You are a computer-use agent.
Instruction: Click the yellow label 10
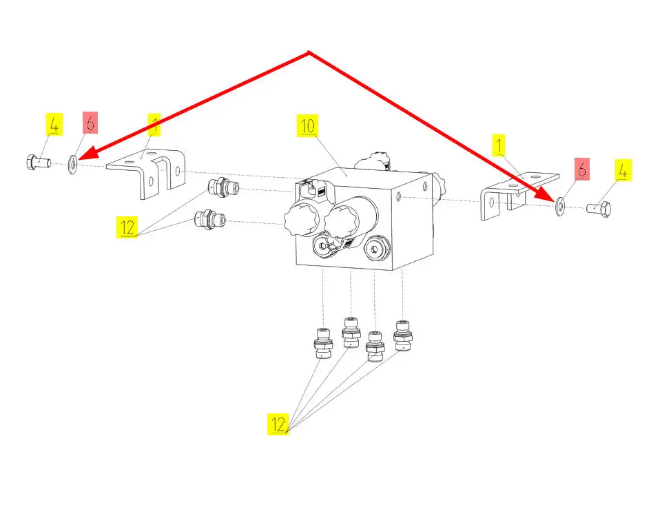tap(307, 125)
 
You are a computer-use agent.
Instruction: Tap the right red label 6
tap(582, 169)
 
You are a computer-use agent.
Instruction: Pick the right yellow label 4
tap(623, 170)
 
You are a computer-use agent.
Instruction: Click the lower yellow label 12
tap(278, 424)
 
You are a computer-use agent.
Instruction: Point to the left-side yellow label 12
tap(126, 227)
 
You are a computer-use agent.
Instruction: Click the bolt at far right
tap(599, 207)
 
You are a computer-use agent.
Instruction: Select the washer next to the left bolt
tap(72, 165)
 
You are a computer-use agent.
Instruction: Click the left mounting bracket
tap(149, 173)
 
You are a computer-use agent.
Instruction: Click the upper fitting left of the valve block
tap(222, 187)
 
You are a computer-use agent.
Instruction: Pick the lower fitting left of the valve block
tap(209, 220)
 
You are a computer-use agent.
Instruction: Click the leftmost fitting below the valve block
tap(322, 345)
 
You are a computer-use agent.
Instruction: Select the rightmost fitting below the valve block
tap(402, 336)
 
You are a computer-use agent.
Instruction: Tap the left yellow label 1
tap(156, 125)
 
